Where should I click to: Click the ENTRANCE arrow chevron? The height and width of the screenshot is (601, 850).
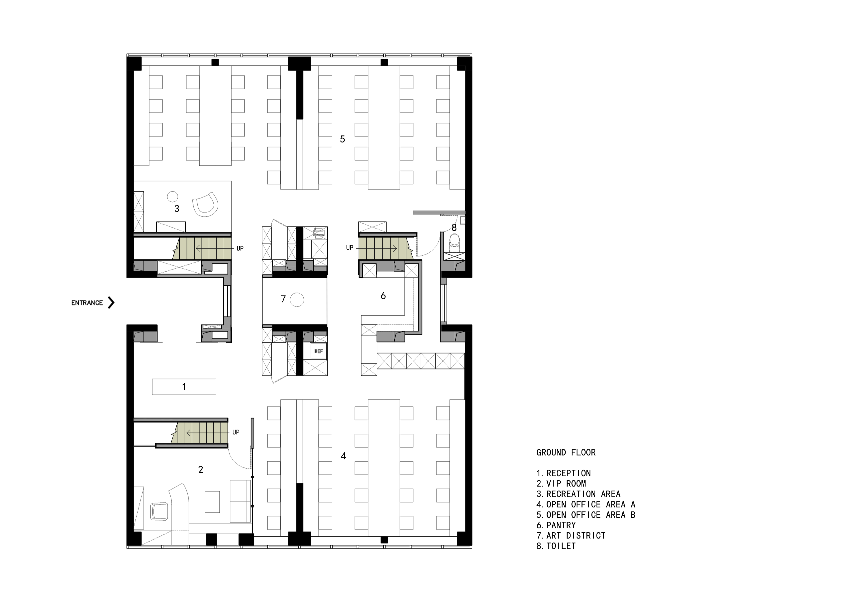point(111,302)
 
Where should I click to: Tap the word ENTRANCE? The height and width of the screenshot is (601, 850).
point(87,303)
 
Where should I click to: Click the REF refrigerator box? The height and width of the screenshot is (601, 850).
point(318,351)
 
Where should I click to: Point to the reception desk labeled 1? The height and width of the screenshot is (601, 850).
point(184,387)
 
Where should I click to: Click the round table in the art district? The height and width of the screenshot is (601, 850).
point(297,299)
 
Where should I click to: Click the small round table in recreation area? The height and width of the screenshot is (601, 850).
point(173,196)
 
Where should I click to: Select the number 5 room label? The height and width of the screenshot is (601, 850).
point(343,139)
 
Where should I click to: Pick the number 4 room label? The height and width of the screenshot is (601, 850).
point(343,456)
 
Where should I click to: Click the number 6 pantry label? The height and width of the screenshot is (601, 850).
point(383,296)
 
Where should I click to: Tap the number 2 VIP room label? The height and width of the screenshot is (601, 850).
point(201,470)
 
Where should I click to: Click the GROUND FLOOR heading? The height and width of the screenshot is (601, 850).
point(566,453)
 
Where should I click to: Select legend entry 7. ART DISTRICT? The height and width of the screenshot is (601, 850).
point(571,536)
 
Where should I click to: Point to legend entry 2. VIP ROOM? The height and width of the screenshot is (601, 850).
point(561,484)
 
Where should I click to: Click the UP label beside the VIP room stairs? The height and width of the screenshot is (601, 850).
point(236,432)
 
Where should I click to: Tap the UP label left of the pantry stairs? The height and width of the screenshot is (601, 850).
point(350,248)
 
